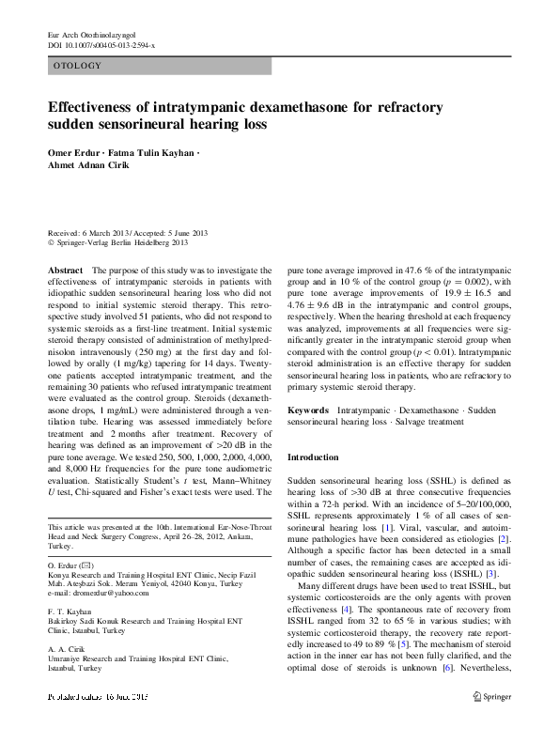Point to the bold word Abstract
pyautogui.click(x=65, y=270)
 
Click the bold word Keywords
pyautogui.click(x=307, y=410)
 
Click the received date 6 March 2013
pyautogui.click(x=109, y=232)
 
